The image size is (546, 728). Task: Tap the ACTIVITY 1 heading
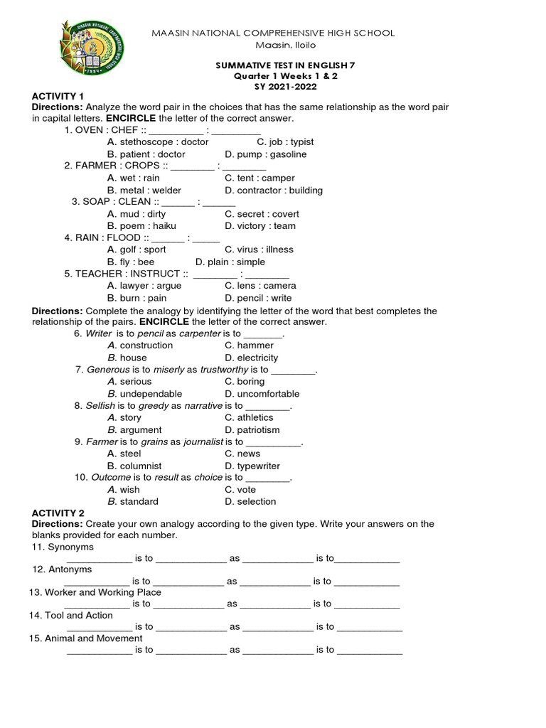coord(58,96)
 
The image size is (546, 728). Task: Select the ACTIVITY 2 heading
coord(58,513)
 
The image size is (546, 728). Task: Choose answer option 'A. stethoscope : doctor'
coord(158,142)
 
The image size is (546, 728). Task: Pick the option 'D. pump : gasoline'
coord(265,154)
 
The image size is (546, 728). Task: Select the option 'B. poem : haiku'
coord(141,226)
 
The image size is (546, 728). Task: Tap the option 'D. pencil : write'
coord(258,298)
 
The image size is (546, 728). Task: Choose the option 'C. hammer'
coord(249,346)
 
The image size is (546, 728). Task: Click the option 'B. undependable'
coord(144,394)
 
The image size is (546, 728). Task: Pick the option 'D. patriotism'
coord(252,430)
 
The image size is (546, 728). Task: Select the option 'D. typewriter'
coord(255,466)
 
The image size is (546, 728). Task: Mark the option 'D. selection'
coord(250,502)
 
